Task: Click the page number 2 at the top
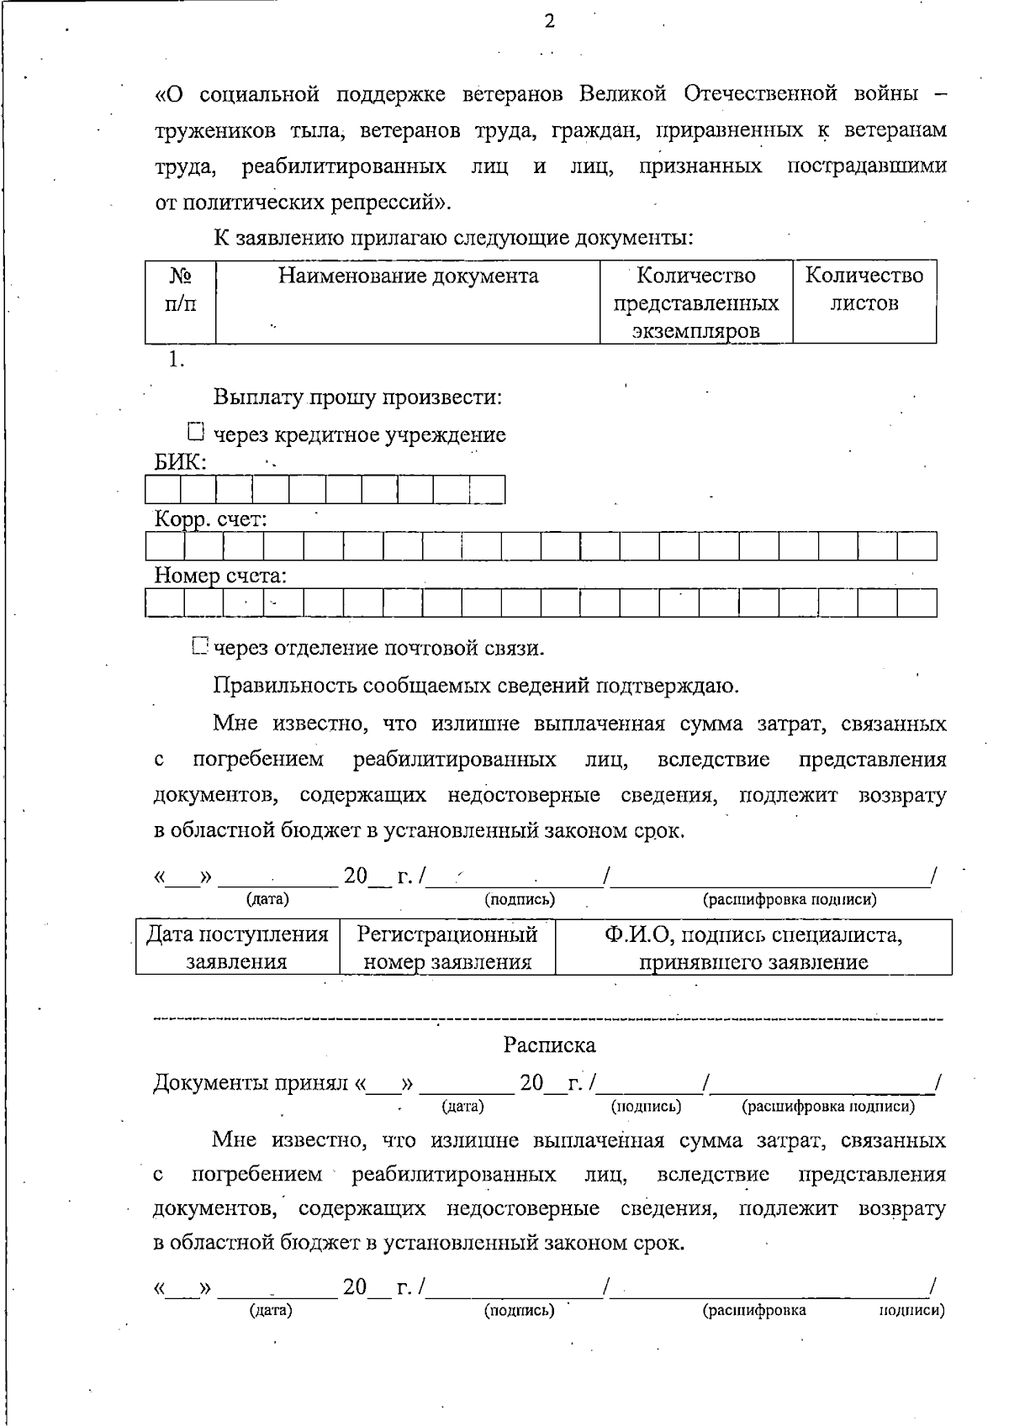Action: click(x=549, y=22)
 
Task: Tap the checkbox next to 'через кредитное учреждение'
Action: click(x=196, y=433)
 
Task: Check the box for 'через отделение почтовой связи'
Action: click(x=198, y=646)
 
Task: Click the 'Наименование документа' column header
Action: click(x=408, y=276)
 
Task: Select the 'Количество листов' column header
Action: click(x=864, y=289)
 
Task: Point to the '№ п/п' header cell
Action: click(x=181, y=289)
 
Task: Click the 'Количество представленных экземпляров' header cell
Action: click(x=695, y=303)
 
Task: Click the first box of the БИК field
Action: click(x=163, y=489)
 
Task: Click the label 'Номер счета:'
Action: click(x=220, y=576)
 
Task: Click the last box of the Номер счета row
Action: click(x=917, y=602)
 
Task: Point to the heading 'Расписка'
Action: click(x=549, y=1045)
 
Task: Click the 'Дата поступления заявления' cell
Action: click(x=237, y=947)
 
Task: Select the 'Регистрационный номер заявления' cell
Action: click(x=447, y=947)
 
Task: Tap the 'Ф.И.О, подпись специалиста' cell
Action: click(x=753, y=947)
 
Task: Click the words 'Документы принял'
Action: click(x=252, y=1083)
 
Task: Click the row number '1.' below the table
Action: click(x=175, y=359)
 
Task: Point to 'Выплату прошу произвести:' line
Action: click(x=357, y=397)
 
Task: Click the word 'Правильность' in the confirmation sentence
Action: click(x=285, y=686)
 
